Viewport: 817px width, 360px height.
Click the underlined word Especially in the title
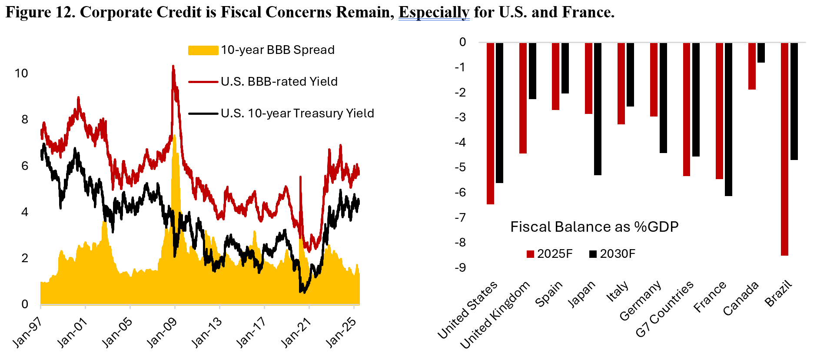(434, 12)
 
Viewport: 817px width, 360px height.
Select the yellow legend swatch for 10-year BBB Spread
(203, 50)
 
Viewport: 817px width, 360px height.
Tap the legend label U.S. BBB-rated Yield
(279, 81)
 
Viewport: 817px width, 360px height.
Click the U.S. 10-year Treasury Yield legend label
(297, 113)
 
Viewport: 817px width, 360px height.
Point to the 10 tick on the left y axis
(21, 73)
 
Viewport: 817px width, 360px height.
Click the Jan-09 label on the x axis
(162, 332)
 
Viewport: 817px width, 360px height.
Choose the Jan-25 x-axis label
(341, 332)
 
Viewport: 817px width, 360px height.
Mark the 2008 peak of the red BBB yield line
(173, 66)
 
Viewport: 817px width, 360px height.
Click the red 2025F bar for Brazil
(784, 149)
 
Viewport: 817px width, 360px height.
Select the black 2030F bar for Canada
(761, 53)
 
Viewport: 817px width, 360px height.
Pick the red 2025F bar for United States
(490, 123)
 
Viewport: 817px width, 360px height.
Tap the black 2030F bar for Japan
(598, 109)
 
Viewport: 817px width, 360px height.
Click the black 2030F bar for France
(728, 119)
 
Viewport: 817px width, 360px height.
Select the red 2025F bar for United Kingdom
(523, 98)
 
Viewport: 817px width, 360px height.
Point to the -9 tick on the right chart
(460, 267)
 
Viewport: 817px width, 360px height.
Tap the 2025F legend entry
(549, 254)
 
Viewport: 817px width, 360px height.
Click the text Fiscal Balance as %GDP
(594, 227)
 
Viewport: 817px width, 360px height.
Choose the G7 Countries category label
(665, 309)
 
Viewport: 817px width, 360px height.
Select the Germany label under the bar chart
(641, 300)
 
